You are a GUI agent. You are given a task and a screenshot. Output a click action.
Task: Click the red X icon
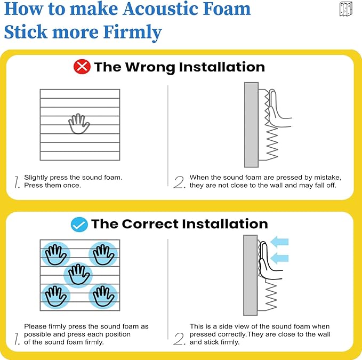click(82, 67)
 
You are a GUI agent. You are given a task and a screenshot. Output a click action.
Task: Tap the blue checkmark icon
click(79, 224)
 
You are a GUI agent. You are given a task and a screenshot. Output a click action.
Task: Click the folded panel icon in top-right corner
click(345, 9)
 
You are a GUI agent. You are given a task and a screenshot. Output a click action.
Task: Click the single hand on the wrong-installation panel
click(79, 124)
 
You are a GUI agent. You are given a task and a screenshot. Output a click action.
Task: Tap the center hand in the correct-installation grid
click(78, 275)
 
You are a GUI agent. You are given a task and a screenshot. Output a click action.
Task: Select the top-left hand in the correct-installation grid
click(55, 254)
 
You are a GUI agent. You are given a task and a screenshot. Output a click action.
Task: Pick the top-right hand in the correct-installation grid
click(102, 254)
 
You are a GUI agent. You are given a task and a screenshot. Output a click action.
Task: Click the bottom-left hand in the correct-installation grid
click(55, 295)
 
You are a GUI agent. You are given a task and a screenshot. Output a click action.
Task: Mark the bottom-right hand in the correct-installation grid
click(102, 295)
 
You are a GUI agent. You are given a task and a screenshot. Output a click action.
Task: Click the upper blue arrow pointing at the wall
click(279, 242)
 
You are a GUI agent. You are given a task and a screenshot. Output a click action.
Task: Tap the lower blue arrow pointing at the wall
click(279, 258)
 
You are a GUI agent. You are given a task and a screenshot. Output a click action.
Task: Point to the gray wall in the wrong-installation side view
click(251, 124)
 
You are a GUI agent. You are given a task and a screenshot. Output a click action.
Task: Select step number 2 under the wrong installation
click(179, 182)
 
